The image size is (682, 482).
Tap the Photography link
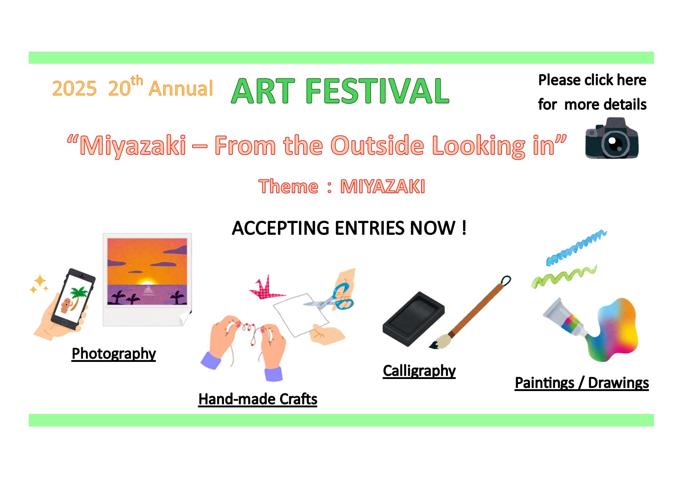pyautogui.click(x=114, y=354)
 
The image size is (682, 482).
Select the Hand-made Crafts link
pyautogui.click(x=258, y=399)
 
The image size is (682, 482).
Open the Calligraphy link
pyautogui.click(x=419, y=371)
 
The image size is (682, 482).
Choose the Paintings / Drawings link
pyautogui.click(x=582, y=383)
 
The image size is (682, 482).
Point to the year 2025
pyautogui.click(x=74, y=89)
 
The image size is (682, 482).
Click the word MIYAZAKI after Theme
pyautogui.click(x=383, y=187)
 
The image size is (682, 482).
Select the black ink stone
pyautogui.click(x=413, y=319)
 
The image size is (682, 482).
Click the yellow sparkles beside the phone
pyautogui.click(x=39, y=284)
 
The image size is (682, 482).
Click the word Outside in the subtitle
pyautogui.click(x=377, y=145)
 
